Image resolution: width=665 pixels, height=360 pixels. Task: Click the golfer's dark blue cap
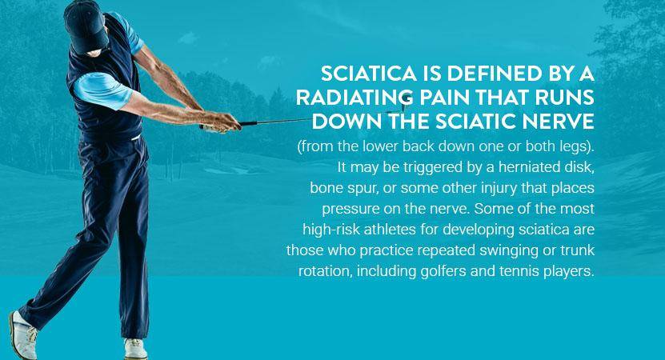point(86,26)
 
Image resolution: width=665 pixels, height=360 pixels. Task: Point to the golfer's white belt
point(135,138)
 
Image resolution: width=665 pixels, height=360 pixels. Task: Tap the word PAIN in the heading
point(443,98)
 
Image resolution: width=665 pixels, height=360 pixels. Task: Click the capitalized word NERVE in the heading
point(558,122)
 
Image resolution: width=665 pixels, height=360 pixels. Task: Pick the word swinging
point(509,250)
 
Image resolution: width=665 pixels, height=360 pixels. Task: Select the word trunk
point(577,250)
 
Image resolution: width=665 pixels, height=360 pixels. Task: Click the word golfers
point(443,271)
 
